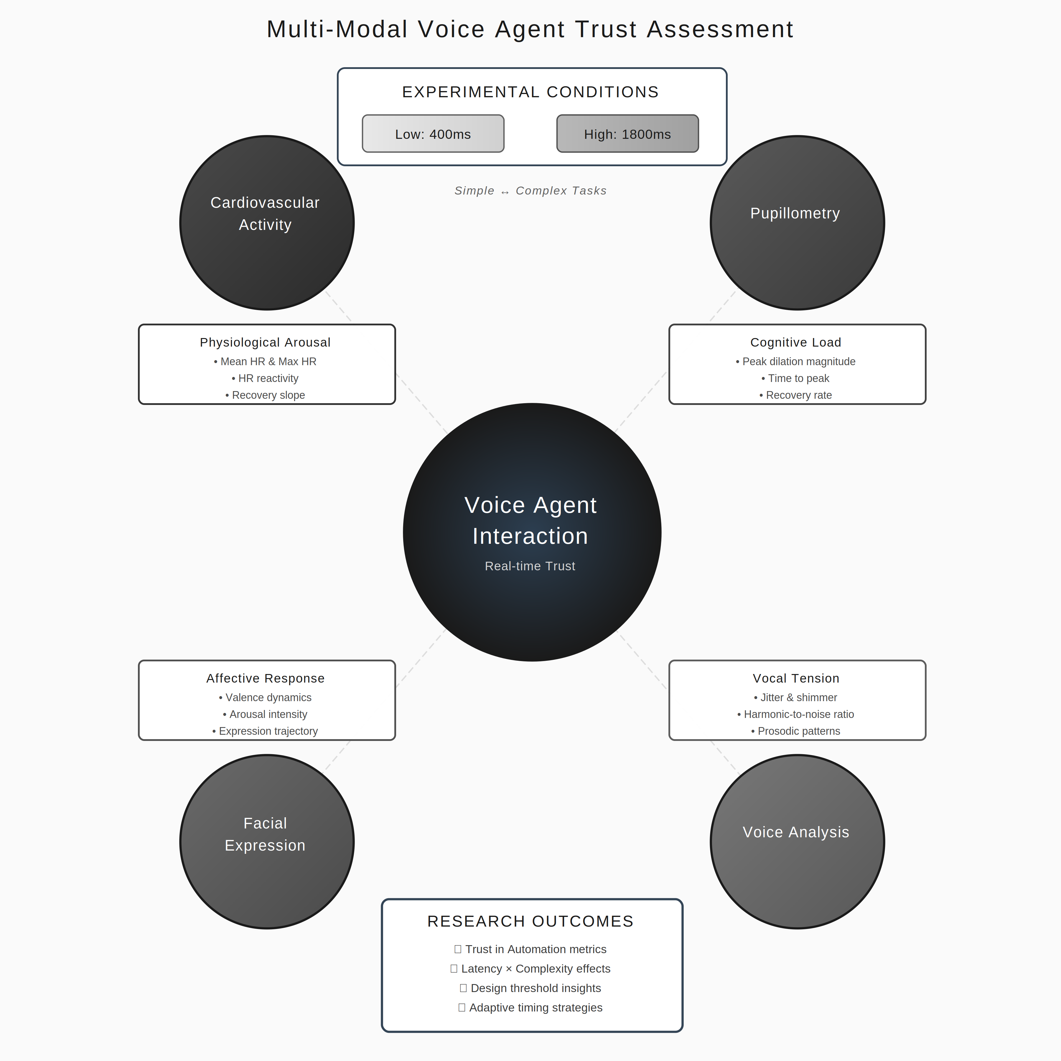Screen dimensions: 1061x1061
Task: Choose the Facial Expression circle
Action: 267,841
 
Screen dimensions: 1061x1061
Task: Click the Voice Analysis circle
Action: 797,841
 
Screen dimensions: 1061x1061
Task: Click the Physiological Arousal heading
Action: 265,342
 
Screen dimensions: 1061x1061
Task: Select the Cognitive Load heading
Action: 796,342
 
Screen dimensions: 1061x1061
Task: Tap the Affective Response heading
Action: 265,678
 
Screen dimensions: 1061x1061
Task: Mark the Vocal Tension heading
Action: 796,678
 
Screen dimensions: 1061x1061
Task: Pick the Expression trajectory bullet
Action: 265,731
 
